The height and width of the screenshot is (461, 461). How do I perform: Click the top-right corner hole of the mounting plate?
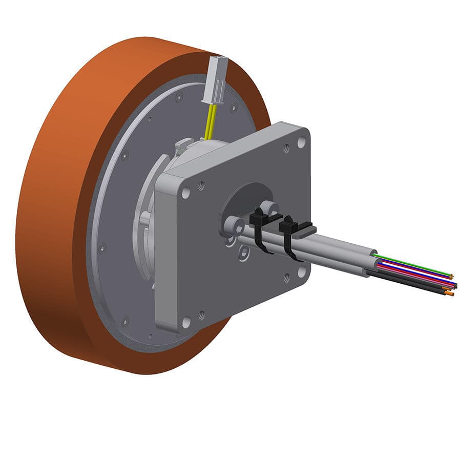301,142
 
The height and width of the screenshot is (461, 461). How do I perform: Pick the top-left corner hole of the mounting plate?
185,193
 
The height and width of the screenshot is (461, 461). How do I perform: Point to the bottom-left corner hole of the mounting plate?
186,323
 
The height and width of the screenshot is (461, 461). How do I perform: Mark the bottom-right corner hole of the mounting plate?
301,271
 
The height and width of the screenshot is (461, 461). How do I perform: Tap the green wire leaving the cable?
410,264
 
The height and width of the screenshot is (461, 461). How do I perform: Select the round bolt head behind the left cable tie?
268,206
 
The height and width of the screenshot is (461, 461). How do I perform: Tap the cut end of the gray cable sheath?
372,266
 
